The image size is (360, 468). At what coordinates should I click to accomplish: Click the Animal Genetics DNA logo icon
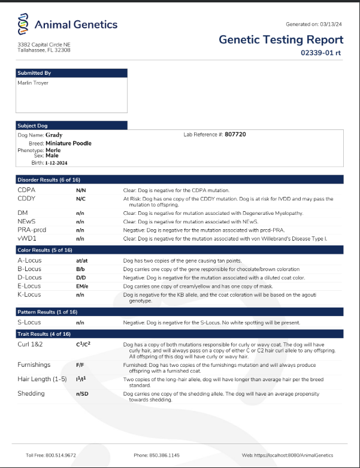coord(24,25)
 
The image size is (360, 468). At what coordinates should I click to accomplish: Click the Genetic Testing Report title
coord(281,40)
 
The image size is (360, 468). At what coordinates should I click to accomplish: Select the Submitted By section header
coord(34,73)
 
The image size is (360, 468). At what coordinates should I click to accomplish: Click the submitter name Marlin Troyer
coord(34,83)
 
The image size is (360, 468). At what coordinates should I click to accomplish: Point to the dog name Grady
coord(54,135)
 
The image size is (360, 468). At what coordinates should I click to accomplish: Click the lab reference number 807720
coord(235,135)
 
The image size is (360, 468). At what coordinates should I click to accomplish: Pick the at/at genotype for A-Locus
coord(82,261)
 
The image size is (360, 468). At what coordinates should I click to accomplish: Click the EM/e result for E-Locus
coord(82,286)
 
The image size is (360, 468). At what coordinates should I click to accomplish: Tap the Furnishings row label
coord(34,364)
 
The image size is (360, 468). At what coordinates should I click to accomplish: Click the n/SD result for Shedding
coord(82,394)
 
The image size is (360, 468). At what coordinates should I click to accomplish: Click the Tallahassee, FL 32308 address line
coord(44,50)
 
